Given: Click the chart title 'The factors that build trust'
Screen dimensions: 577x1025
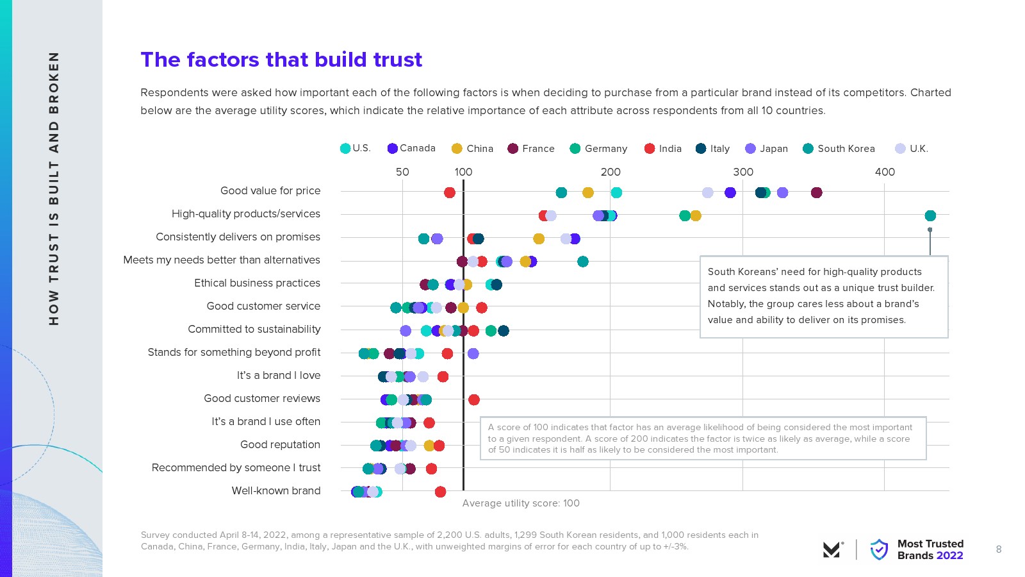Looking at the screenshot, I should point(281,60).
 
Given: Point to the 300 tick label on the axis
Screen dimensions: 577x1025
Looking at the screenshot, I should point(743,172).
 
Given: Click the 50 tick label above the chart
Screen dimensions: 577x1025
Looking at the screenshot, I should point(402,172).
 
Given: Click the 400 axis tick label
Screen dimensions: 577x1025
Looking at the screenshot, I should point(885,172).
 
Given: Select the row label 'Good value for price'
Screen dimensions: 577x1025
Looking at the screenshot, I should point(270,190).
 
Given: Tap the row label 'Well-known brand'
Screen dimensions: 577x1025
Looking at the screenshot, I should point(276,490).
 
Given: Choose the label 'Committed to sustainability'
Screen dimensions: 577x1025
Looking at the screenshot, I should point(254,329).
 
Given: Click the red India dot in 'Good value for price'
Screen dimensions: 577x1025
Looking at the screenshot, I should point(450,192).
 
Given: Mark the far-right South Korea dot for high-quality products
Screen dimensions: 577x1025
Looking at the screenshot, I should point(930,215).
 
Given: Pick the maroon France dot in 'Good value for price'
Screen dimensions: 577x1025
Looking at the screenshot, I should point(816,192).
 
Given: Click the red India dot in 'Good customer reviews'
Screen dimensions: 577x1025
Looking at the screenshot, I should point(474,400).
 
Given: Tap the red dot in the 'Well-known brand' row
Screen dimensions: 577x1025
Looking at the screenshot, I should point(440,492).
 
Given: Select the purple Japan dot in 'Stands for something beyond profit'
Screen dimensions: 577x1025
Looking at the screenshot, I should point(473,354).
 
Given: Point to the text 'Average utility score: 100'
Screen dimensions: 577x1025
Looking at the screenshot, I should point(521,503).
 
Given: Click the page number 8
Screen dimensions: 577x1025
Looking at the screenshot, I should point(999,549).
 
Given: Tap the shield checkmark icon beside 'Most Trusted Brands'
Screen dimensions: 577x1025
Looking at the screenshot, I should point(879,549).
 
